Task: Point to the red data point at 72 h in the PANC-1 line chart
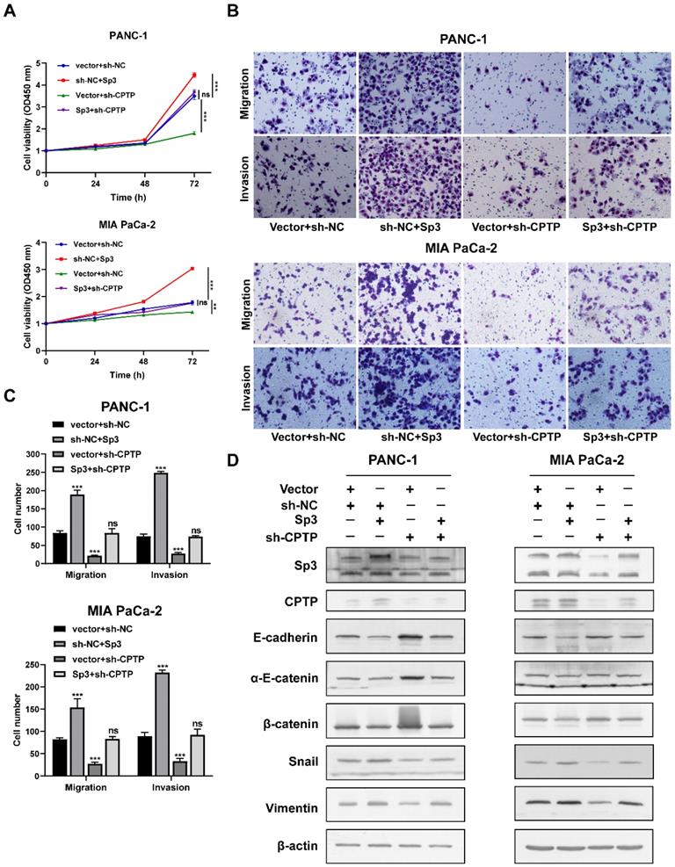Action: pyautogui.click(x=193, y=76)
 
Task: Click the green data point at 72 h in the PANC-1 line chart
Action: pyautogui.click(x=193, y=133)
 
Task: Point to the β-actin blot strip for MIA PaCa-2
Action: pyautogui.click(x=584, y=847)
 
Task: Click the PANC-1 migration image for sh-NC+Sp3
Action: pyautogui.click(x=410, y=90)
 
